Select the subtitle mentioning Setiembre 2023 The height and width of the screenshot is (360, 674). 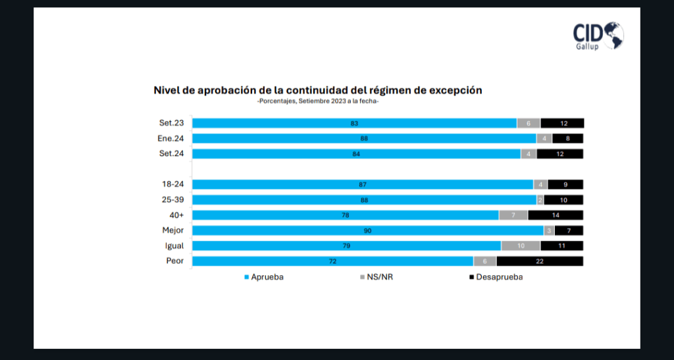[318, 101]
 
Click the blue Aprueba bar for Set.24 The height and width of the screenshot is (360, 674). [356, 154]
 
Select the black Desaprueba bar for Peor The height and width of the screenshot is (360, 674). [540, 261]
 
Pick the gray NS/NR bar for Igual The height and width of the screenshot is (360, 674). [521, 246]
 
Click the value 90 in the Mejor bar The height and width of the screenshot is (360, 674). [367, 230]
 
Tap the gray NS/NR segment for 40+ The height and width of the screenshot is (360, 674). [513, 215]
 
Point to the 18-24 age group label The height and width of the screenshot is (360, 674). [173, 185]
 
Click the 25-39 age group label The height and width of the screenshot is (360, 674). [173, 200]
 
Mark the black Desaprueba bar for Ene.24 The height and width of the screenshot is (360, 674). [568, 139]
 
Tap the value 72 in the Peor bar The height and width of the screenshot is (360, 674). [333, 261]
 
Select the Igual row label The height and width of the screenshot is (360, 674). [174, 246]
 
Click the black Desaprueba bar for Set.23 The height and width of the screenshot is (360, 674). [562, 123]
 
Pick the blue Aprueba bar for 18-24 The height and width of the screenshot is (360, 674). [362, 185]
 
